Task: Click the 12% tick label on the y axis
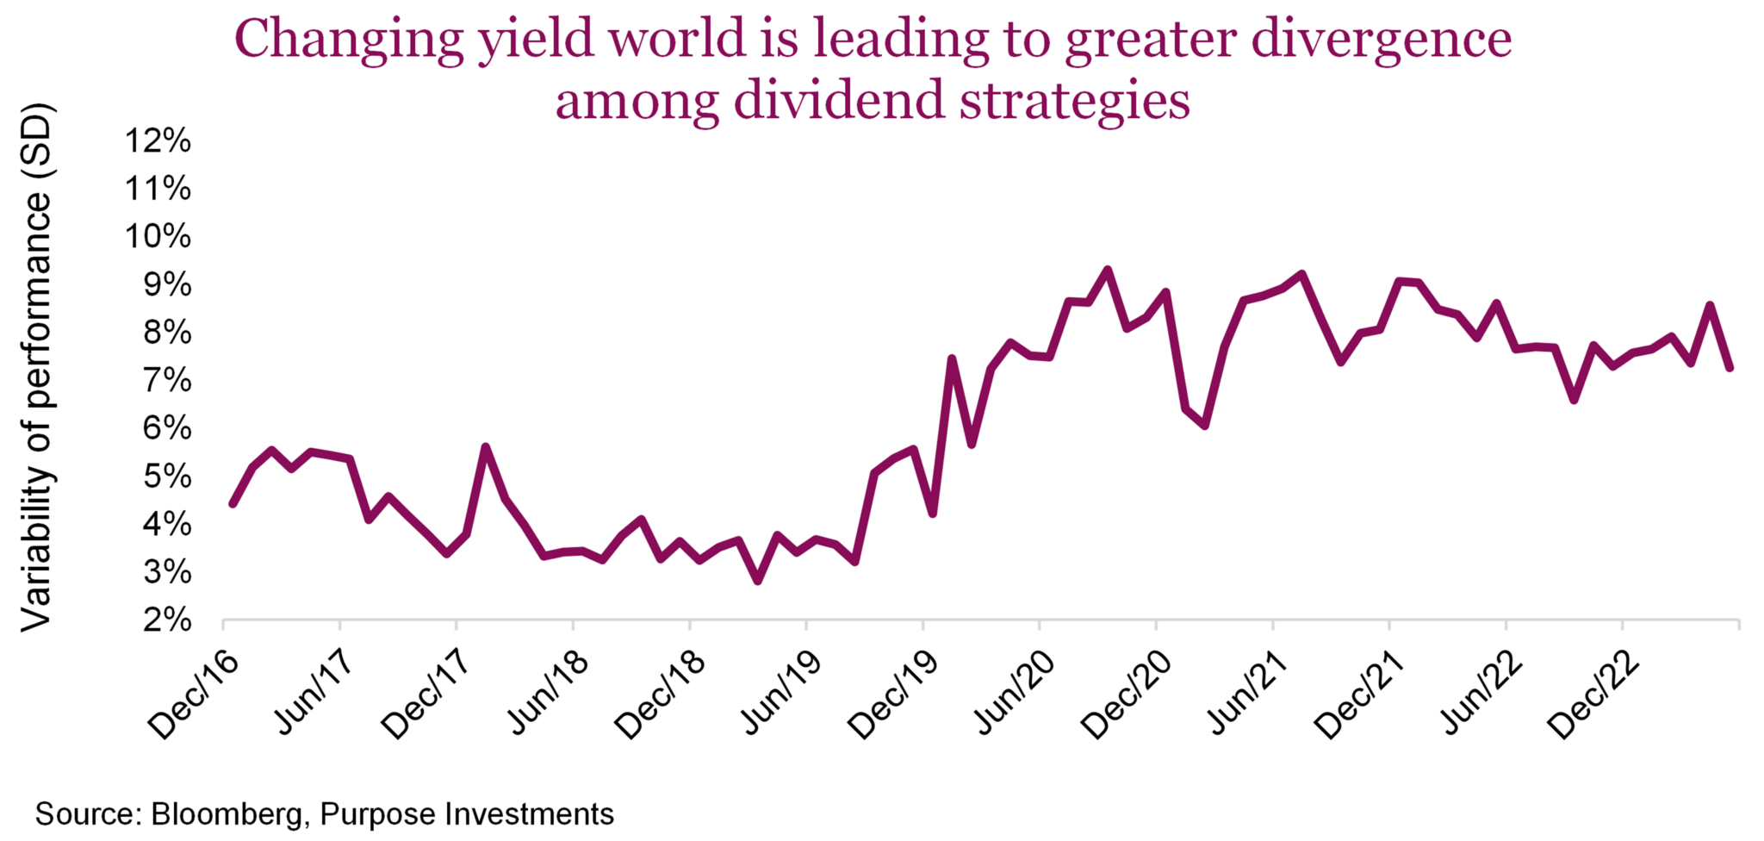click(158, 140)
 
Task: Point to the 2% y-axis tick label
click(166, 620)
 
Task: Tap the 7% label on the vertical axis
click(166, 380)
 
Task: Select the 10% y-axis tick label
click(158, 236)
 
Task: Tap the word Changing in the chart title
click(349, 40)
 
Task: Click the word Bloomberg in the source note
click(227, 814)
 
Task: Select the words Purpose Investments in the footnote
click(467, 814)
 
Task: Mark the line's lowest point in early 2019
click(757, 581)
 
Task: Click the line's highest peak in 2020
click(1108, 270)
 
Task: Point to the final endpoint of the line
click(1730, 368)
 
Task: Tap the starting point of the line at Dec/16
click(233, 503)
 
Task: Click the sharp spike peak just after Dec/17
click(486, 447)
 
